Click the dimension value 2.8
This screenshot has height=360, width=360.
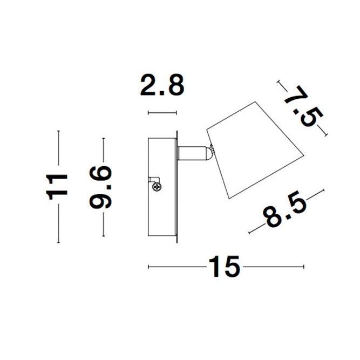(162, 86)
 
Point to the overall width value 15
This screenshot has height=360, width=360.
(223, 266)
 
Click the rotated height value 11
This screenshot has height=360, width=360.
(58, 186)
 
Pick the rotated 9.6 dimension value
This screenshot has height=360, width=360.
(102, 187)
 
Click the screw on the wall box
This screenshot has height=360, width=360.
(158, 187)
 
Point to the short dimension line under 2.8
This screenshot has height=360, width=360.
(162, 113)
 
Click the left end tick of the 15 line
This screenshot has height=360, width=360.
(148, 266)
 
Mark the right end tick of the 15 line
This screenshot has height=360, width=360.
(304, 266)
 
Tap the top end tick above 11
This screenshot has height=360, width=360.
(58, 131)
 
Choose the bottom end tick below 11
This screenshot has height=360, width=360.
(58, 242)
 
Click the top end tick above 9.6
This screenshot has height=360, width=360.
(103, 138)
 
